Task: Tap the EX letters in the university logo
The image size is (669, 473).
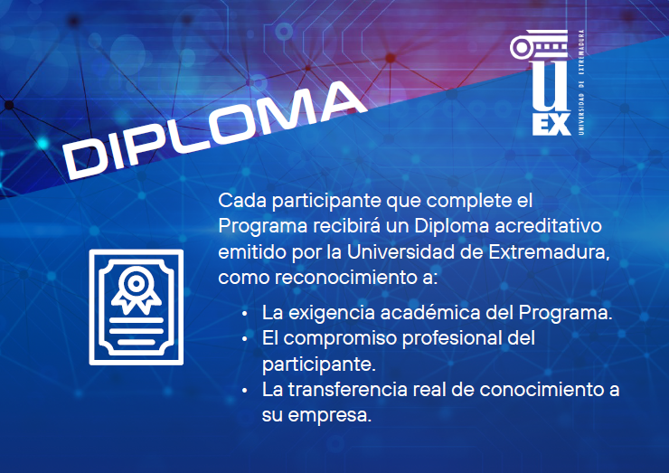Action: click(x=551, y=123)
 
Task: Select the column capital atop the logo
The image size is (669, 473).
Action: click(x=543, y=48)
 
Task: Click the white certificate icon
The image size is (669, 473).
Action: click(x=137, y=307)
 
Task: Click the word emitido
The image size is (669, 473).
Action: click(x=250, y=249)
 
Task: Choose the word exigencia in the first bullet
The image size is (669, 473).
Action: click(x=329, y=314)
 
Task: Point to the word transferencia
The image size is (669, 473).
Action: click(x=342, y=391)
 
